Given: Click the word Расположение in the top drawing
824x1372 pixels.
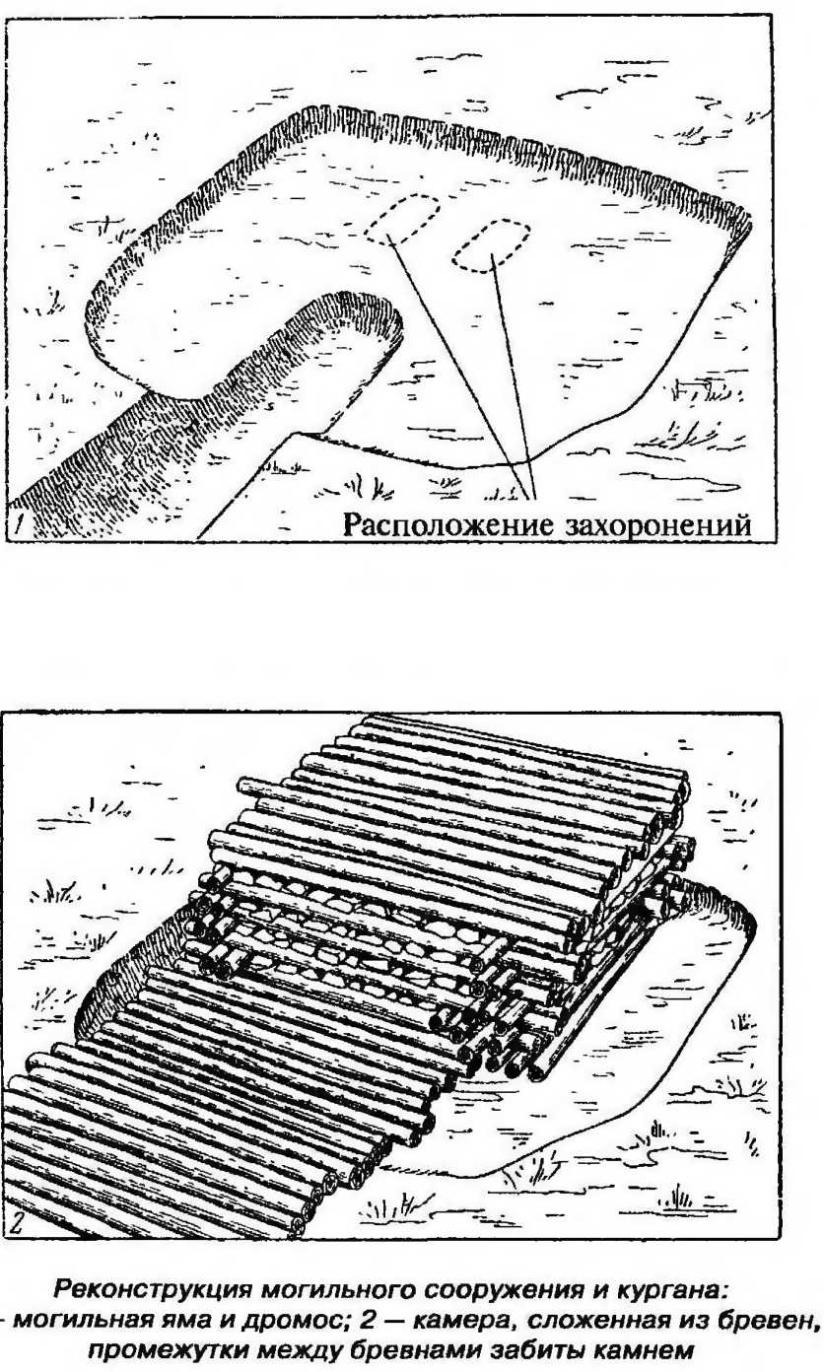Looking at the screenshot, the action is (x=449, y=525).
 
